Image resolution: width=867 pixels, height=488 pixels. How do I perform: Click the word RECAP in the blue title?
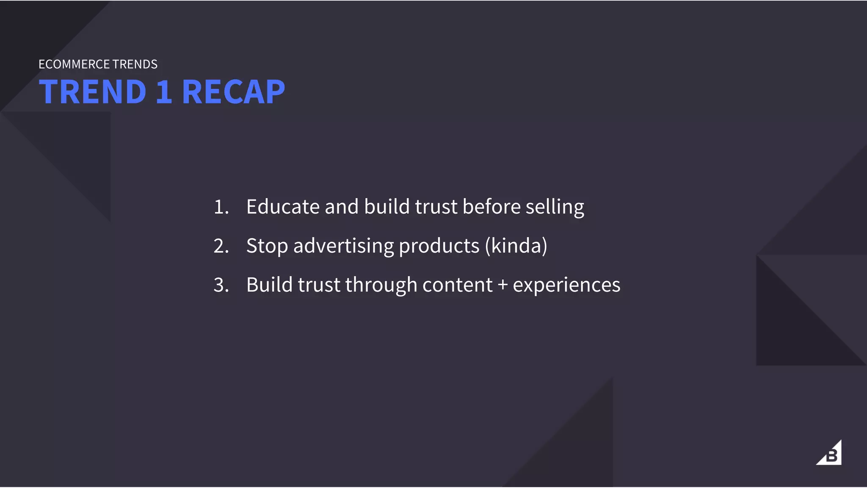233,92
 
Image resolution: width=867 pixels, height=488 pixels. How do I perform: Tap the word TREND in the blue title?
93,92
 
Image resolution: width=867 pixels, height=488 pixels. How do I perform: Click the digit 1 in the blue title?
164,92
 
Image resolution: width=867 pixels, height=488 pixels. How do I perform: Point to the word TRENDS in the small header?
135,64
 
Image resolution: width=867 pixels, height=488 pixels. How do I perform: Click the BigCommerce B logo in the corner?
829,454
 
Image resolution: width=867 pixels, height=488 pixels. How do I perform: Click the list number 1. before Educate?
221,207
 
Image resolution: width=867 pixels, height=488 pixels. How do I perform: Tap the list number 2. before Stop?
221,246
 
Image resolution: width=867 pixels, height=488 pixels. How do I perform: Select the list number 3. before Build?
221,285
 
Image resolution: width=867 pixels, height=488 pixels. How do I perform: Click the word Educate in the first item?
283,207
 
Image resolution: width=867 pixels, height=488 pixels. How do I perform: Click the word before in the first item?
491,207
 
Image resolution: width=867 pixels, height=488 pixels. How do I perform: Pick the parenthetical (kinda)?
516,246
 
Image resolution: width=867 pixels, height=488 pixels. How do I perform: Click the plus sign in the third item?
503,285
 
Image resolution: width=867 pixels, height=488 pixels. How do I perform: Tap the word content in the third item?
457,285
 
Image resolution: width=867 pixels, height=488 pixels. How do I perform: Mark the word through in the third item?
381,285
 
